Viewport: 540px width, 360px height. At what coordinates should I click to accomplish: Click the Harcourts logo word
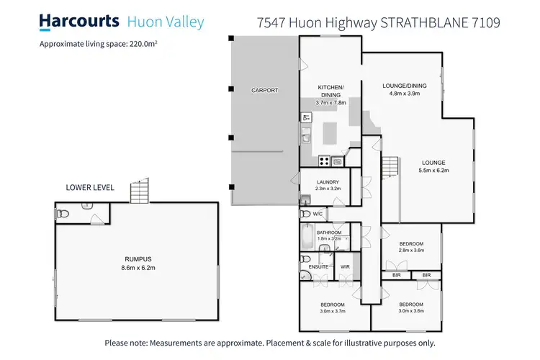pyautogui.click(x=78, y=22)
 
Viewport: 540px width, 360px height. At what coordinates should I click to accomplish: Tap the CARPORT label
pyautogui.click(x=264, y=90)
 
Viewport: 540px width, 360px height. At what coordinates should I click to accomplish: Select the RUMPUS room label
pyautogui.click(x=137, y=258)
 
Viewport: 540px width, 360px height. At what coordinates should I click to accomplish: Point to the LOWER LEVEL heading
pyautogui.click(x=89, y=187)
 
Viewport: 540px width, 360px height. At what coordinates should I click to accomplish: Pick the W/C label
pyautogui.click(x=318, y=214)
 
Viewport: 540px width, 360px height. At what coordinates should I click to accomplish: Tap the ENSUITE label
pyautogui.click(x=318, y=266)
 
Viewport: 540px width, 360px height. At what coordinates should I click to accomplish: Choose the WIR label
pyautogui.click(x=345, y=266)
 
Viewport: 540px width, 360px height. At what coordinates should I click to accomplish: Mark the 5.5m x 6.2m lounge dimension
pyautogui.click(x=433, y=171)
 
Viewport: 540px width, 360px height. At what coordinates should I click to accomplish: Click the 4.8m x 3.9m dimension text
pyautogui.click(x=404, y=94)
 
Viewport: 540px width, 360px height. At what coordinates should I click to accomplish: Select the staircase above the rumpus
pyautogui.click(x=139, y=191)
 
